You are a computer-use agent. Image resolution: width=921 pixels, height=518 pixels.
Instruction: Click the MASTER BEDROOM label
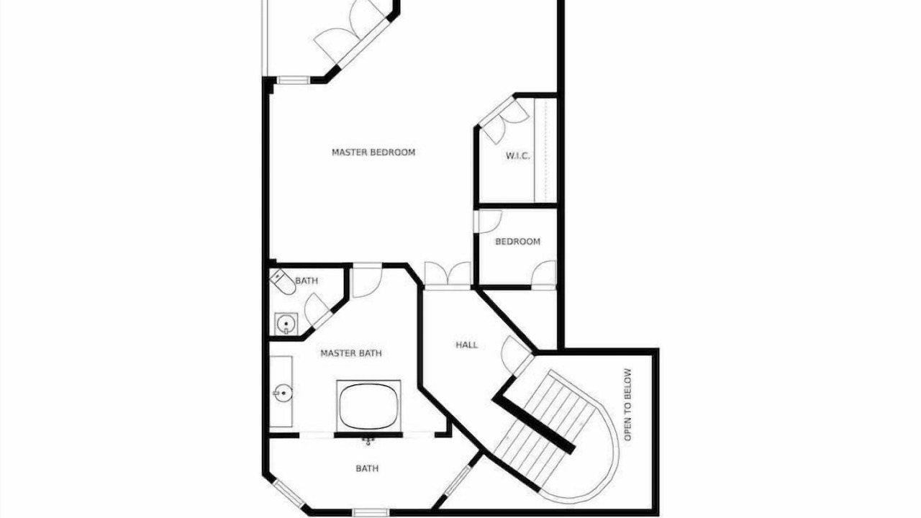[x=373, y=152]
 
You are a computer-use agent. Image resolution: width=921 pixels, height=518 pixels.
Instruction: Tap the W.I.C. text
[x=517, y=156]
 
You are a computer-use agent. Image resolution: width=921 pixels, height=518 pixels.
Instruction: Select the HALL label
[x=467, y=345]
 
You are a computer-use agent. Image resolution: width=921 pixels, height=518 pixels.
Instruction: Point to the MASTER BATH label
[x=350, y=353]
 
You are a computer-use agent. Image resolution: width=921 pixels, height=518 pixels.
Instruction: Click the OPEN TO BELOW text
[x=627, y=404]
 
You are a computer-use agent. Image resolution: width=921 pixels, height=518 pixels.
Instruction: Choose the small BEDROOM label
[x=517, y=241]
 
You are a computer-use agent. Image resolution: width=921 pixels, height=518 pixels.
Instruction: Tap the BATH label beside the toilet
[x=307, y=281]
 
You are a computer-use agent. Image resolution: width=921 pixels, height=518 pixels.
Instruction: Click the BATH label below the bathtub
[x=367, y=468]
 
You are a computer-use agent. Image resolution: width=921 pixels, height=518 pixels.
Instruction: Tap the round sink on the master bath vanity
[x=283, y=394]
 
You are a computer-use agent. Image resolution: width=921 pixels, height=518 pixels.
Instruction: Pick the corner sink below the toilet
[x=286, y=324]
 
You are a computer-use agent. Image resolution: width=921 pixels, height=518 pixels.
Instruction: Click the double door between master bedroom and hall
[x=448, y=276]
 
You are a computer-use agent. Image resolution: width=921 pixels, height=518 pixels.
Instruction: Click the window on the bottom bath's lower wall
[x=370, y=512]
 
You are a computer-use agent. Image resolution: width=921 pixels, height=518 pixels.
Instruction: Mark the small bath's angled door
[x=318, y=309]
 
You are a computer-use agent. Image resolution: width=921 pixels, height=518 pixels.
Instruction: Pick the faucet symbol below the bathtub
[x=368, y=441]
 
